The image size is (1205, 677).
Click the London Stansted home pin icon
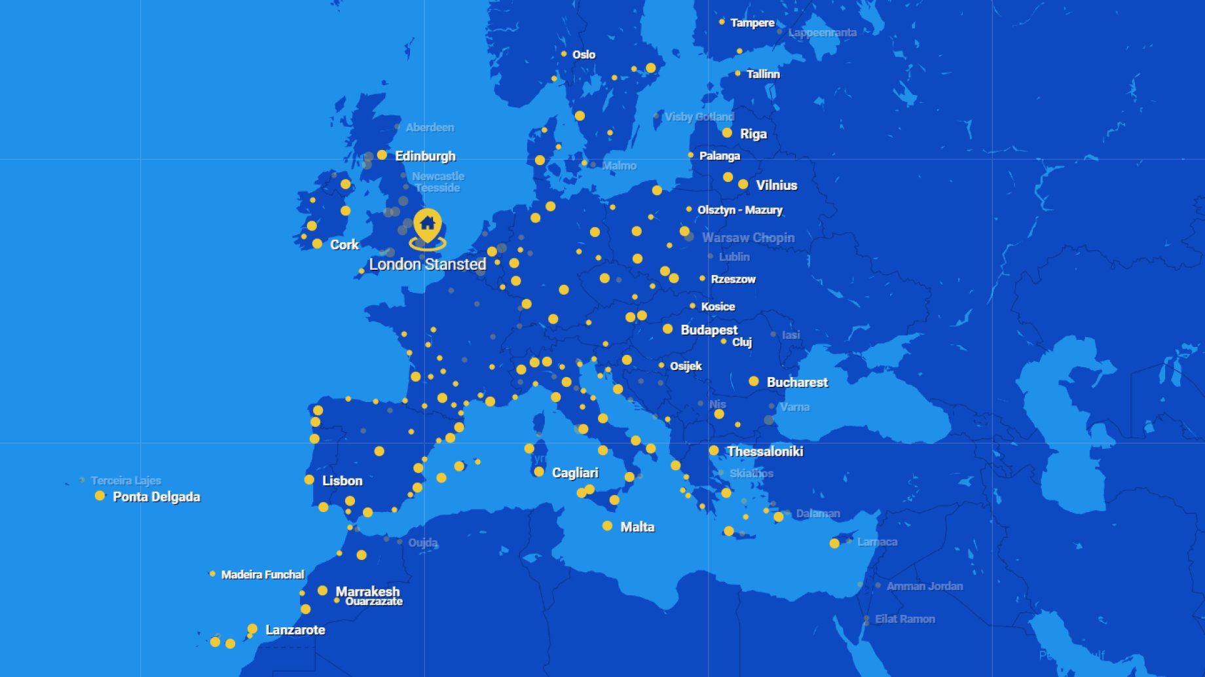click(x=428, y=225)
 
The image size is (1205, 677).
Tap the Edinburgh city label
click(x=425, y=156)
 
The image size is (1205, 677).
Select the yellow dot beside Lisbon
click(x=309, y=480)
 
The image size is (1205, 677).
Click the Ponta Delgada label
click(x=157, y=496)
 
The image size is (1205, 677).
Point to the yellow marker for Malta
click(x=608, y=526)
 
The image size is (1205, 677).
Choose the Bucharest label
click(x=797, y=382)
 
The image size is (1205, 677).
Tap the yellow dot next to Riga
click(x=727, y=133)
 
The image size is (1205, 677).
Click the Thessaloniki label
click(x=765, y=451)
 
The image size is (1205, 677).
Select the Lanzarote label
click(x=295, y=630)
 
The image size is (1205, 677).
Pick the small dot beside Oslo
click(x=564, y=54)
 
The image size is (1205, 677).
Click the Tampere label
click(x=752, y=23)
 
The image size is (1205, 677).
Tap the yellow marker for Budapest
click(x=667, y=329)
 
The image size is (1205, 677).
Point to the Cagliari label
click(x=575, y=473)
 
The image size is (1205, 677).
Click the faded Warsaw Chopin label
click(x=749, y=238)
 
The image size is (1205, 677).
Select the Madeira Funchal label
click(x=263, y=574)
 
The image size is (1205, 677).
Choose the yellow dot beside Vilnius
click(x=743, y=185)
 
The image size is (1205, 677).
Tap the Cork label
click(x=344, y=245)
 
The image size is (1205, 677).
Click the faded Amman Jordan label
click(x=925, y=586)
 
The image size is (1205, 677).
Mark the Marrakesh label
click(x=367, y=591)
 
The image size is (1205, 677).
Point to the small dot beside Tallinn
click(x=738, y=73)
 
